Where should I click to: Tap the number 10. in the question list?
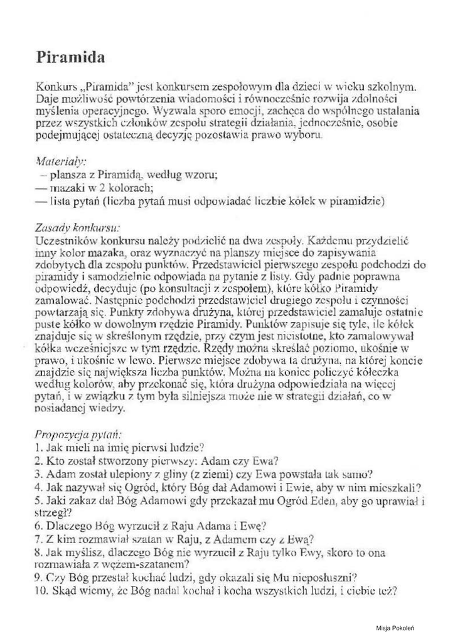pos(42,591)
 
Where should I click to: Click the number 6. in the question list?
pos(39,526)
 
